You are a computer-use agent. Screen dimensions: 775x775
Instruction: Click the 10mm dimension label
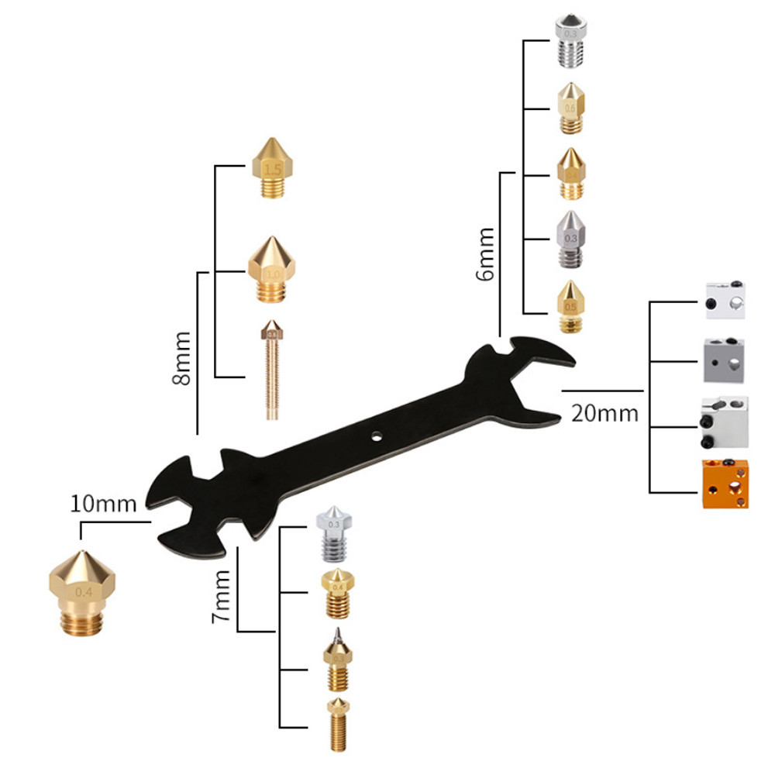pyautogui.click(x=103, y=504)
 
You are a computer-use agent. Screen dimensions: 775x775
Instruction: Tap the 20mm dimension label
pyautogui.click(x=604, y=413)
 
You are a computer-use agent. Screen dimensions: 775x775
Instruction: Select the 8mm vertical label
pyautogui.click(x=181, y=358)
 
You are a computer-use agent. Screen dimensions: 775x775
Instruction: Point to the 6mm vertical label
pyautogui.click(x=486, y=254)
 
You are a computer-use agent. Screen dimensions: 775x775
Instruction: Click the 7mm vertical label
pyautogui.click(x=222, y=597)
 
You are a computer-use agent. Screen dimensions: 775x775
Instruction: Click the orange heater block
pyautogui.click(x=725, y=484)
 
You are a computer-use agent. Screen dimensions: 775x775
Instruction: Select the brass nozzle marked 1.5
pyautogui.click(x=272, y=167)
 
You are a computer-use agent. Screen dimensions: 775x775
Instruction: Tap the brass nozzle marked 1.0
pyautogui.click(x=270, y=271)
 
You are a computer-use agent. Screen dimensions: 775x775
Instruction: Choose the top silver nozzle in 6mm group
pyautogui.click(x=570, y=43)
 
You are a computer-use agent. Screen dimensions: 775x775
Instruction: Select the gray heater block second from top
pyautogui.click(x=725, y=361)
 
